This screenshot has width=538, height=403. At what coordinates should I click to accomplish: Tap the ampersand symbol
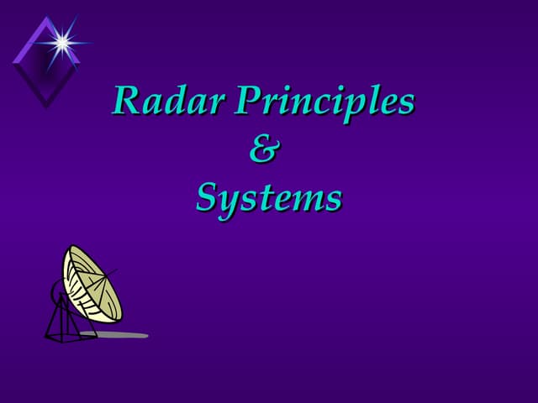click(x=265, y=150)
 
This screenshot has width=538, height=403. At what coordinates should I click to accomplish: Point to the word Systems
click(x=268, y=199)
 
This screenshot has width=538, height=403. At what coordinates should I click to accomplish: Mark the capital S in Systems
click(x=207, y=198)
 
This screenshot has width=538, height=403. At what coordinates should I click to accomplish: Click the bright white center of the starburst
click(x=61, y=39)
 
